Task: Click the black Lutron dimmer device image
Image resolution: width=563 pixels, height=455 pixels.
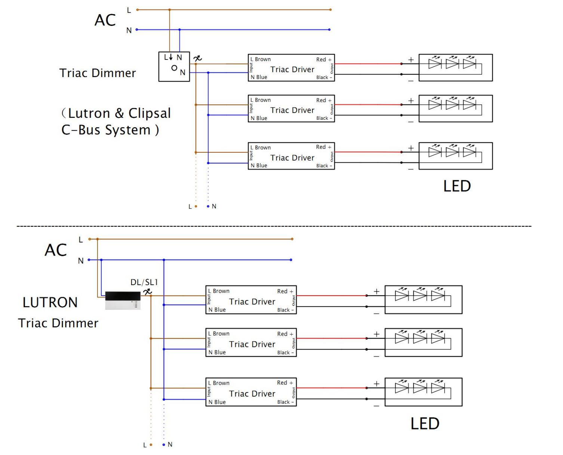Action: coord(123,300)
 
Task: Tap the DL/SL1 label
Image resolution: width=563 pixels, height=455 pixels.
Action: coord(144,282)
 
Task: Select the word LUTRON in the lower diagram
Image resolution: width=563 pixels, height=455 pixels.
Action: coord(50,302)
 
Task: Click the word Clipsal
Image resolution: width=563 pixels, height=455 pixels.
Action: coord(150,113)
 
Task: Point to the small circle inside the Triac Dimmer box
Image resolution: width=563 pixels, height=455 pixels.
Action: coord(174,68)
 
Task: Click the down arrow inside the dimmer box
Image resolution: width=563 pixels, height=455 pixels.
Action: coord(171,57)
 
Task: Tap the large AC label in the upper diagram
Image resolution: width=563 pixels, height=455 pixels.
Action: coord(105,20)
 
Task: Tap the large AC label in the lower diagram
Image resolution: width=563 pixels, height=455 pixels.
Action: coord(55,250)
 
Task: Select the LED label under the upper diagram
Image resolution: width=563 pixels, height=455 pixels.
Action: coord(457,186)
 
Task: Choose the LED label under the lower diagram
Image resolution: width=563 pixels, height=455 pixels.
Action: coord(425,424)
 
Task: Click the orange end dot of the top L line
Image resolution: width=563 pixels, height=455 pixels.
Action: coord(330,10)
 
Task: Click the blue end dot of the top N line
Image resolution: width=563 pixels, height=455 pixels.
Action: coord(329,30)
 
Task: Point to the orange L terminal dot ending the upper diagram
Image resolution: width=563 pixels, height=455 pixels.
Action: coord(196,206)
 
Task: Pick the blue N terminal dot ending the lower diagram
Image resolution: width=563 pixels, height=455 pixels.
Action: coord(164,445)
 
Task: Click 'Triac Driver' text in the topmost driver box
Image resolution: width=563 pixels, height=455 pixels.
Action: coord(292,69)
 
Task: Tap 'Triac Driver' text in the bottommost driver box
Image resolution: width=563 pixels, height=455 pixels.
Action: coord(252,394)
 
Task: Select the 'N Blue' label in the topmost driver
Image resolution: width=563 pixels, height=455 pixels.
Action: coord(259,77)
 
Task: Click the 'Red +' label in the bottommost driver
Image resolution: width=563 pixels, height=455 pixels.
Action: coord(285,383)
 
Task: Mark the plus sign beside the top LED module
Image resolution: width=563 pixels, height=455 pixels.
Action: coord(411,60)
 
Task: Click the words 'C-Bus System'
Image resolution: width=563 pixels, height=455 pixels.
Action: coord(106,130)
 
